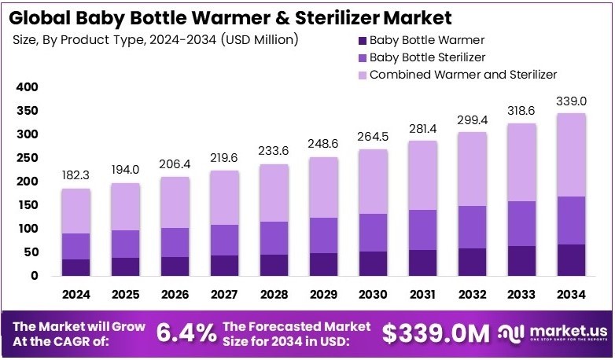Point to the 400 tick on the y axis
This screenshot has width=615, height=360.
pyautogui.click(x=27, y=87)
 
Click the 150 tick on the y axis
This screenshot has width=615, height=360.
pyautogui.click(x=27, y=205)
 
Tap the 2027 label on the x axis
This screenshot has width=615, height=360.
pyautogui.click(x=224, y=296)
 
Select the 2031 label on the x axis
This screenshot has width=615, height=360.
pyautogui.click(x=423, y=296)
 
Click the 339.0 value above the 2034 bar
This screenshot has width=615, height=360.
pyautogui.click(x=572, y=101)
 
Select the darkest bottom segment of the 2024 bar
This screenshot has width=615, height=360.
pyautogui.click(x=76, y=267)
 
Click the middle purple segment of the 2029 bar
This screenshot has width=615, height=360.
pyautogui.click(x=324, y=235)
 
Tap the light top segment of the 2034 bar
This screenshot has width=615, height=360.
pyautogui.click(x=572, y=155)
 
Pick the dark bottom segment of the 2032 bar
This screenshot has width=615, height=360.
pyautogui.click(x=473, y=262)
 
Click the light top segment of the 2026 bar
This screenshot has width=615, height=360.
pyautogui.click(x=175, y=202)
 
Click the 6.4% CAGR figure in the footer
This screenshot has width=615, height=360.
pyautogui.click(x=186, y=333)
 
